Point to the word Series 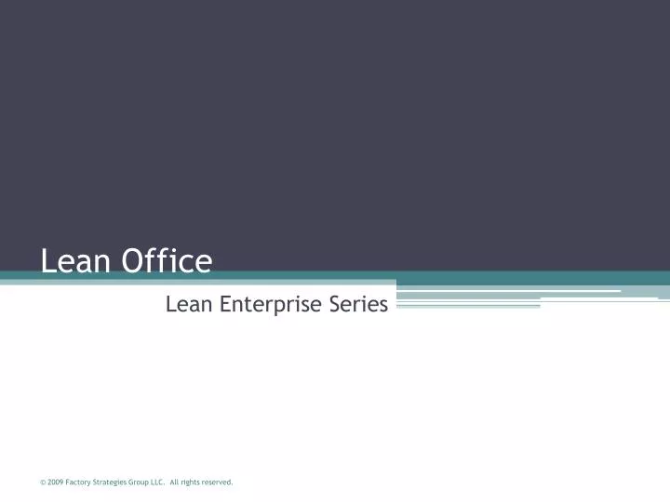357,303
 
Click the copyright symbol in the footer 43,482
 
